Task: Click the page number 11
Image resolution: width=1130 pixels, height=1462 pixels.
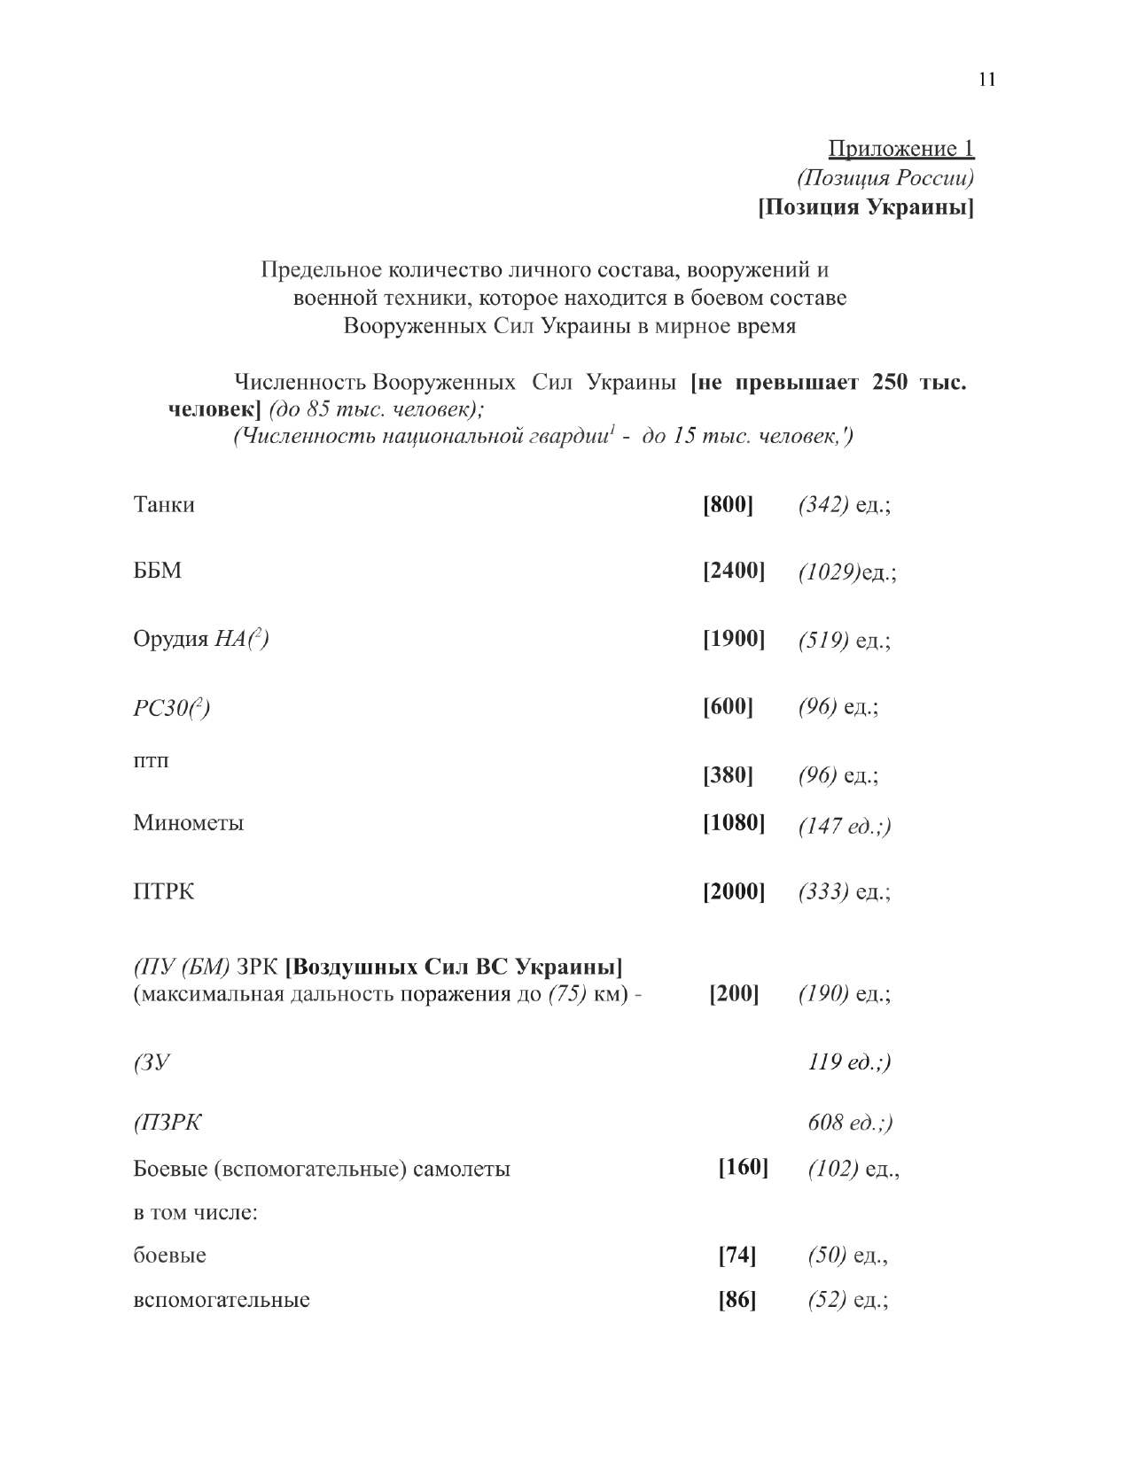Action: point(987,80)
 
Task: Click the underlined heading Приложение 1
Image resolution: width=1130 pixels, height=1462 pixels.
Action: point(900,148)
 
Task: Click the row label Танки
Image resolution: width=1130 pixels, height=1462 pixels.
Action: point(164,505)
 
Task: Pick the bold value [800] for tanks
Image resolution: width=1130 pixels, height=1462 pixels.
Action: point(728,505)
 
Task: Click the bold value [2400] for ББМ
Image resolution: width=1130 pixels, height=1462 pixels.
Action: point(734,570)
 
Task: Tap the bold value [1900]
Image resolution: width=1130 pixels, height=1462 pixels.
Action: point(734,639)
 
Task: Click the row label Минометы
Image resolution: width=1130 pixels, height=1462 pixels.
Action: point(189,823)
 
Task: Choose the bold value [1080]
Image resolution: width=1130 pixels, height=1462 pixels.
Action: point(734,823)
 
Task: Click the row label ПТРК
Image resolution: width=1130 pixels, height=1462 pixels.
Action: point(164,891)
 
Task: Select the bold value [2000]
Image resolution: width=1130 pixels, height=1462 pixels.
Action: point(734,891)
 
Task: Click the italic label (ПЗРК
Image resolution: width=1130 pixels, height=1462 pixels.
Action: point(168,1124)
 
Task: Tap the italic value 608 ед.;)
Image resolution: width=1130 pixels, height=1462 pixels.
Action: point(850,1124)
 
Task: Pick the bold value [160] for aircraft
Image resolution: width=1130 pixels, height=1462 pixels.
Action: point(743,1168)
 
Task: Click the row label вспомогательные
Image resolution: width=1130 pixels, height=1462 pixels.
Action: point(222,1301)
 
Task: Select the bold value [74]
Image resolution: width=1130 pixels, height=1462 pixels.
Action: point(736,1256)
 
